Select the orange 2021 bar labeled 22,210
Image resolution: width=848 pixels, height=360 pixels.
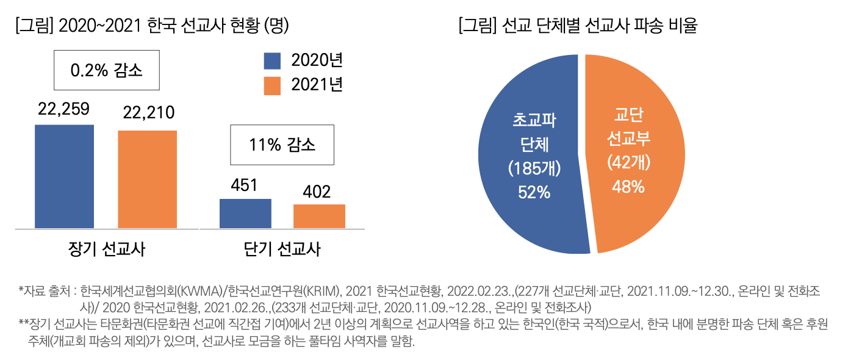(147, 179)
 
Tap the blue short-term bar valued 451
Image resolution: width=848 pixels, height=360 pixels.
(245, 213)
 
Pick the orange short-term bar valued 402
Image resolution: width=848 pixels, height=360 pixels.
(319, 216)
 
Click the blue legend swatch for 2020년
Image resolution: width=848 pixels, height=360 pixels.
(272, 61)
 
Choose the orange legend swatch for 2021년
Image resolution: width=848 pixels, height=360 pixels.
(272, 86)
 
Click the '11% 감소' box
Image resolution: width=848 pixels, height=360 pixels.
(282, 145)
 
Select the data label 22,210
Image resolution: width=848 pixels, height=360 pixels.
(149, 113)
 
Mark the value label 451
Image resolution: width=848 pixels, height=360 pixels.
(245, 185)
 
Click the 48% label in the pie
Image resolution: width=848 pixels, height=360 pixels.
(629, 187)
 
